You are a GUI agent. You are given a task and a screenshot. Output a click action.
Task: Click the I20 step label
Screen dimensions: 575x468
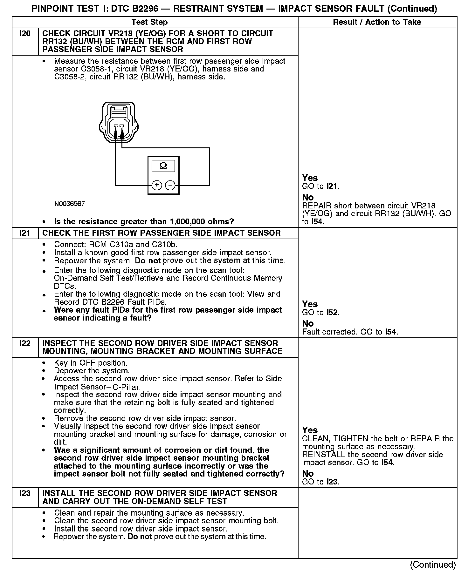click(x=25, y=34)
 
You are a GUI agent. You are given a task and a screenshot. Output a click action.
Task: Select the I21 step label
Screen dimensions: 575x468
click(x=25, y=233)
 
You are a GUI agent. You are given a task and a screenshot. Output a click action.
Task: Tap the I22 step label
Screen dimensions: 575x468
click(x=25, y=343)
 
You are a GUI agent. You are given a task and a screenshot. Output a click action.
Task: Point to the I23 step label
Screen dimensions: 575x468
click(x=25, y=493)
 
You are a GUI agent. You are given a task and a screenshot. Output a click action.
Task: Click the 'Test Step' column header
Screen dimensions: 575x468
click(x=149, y=22)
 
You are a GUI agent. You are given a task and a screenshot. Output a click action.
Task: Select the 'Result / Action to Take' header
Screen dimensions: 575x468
click(x=377, y=22)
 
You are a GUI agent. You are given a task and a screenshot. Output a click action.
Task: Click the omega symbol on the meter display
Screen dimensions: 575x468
click(x=163, y=166)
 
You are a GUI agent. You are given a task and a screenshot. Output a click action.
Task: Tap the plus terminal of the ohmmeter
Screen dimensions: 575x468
click(x=156, y=185)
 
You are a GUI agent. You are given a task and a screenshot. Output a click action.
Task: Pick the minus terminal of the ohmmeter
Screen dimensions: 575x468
click(x=170, y=185)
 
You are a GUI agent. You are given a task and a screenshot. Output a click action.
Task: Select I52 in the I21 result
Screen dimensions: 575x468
click(x=332, y=312)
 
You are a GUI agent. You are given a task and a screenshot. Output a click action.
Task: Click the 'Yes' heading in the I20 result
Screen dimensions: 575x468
click(x=310, y=178)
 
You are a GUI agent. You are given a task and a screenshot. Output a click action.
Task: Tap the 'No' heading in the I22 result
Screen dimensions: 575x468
click(x=308, y=474)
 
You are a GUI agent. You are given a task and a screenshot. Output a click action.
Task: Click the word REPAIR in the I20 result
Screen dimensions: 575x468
click(x=316, y=206)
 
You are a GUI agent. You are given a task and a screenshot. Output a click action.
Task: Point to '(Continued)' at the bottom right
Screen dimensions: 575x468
click(x=432, y=565)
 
